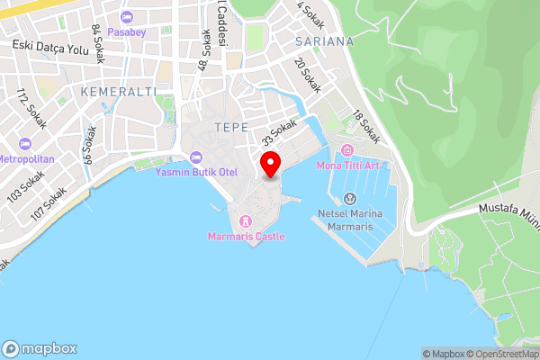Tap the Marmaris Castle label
246,237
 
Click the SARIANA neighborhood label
324,41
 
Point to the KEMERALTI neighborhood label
118,92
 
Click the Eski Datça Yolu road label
50,47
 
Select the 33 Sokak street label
280,135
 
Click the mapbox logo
40,348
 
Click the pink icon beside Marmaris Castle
246,220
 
